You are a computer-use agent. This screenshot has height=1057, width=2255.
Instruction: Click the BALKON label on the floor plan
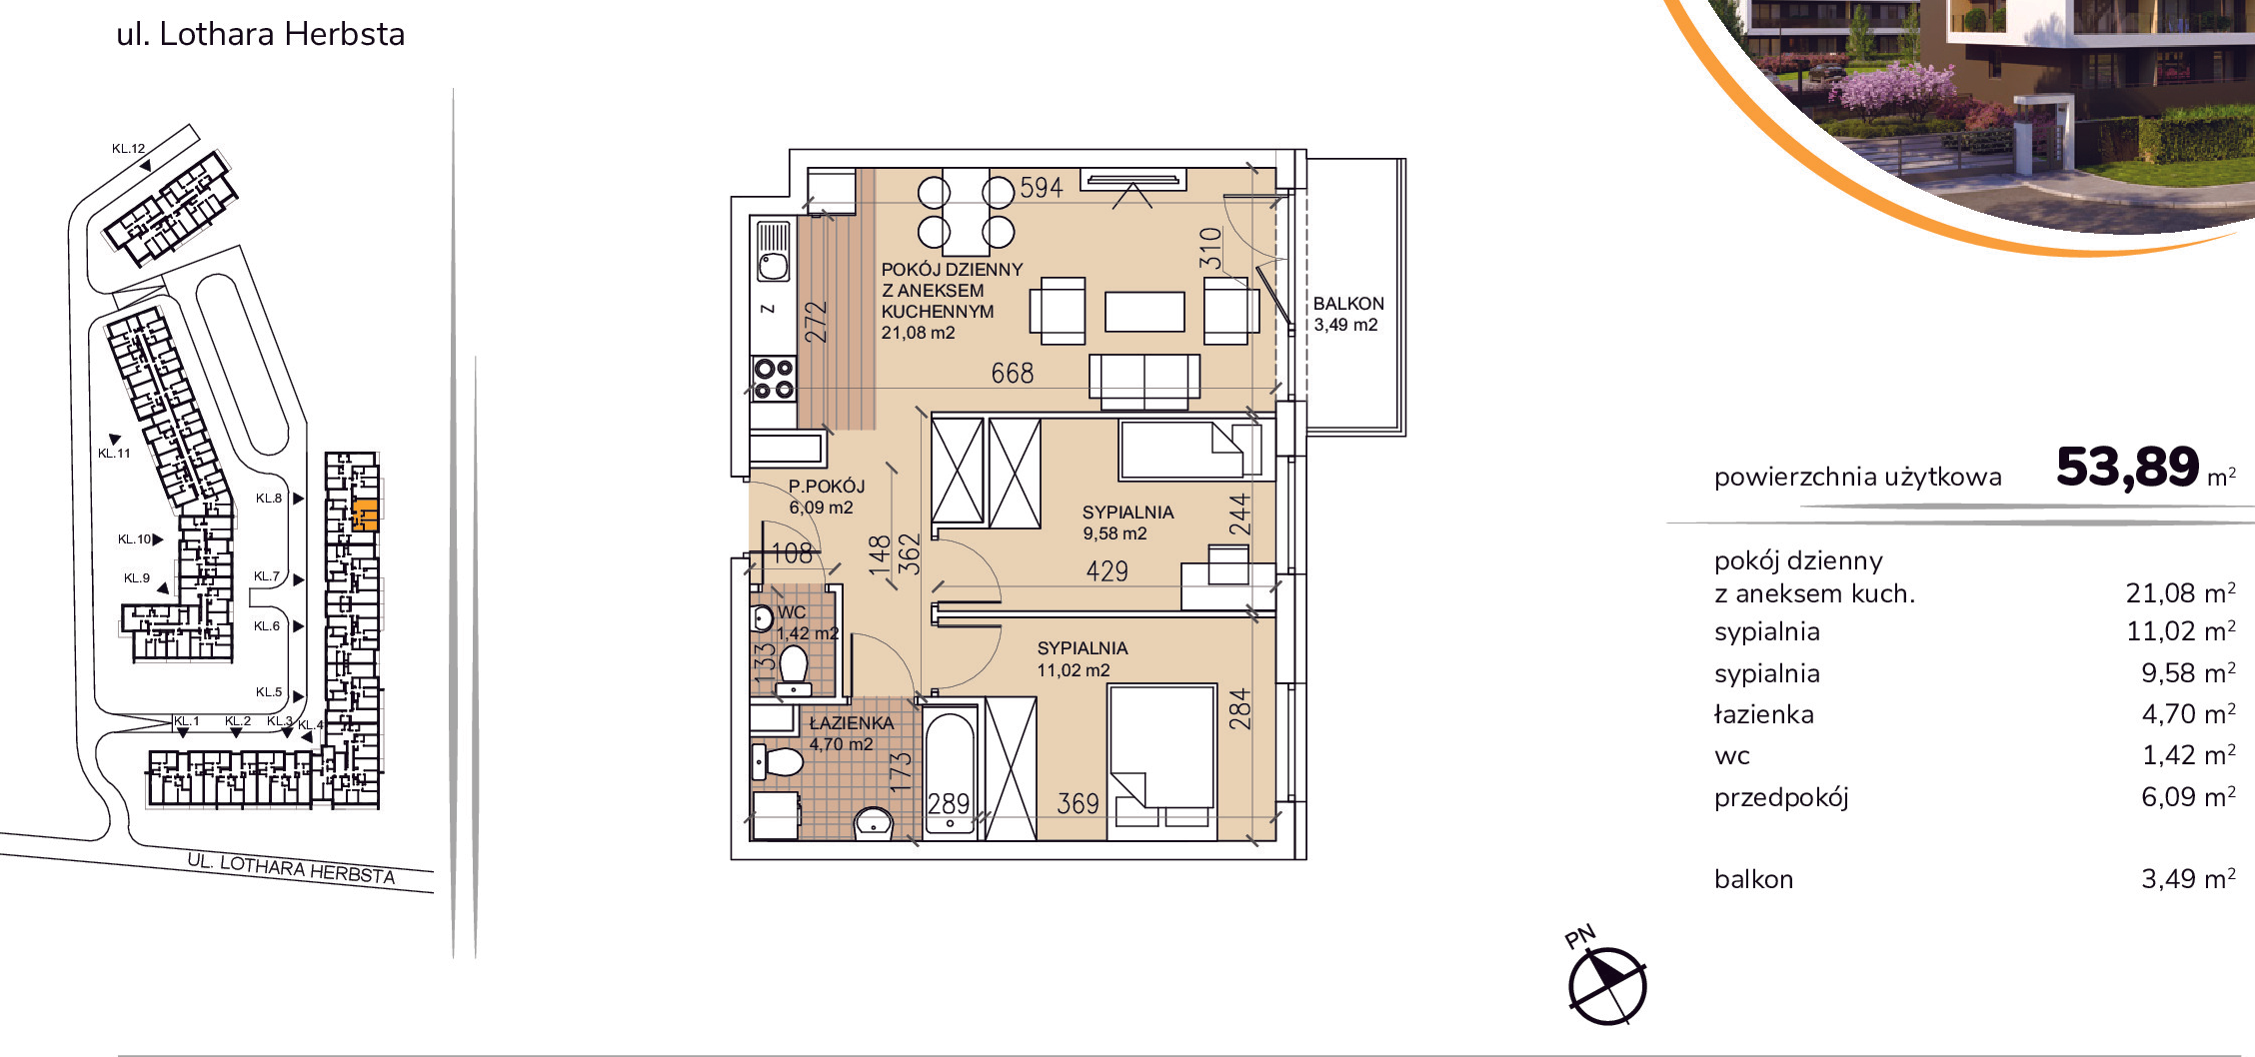tap(1348, 303)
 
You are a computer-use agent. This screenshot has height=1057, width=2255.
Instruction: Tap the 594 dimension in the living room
tap(1041, 188)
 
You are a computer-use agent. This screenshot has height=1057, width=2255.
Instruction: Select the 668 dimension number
tap(1013, 374)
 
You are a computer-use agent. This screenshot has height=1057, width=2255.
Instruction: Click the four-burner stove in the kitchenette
tap(774, 379)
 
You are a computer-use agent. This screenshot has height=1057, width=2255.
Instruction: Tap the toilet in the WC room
tap(794, 669)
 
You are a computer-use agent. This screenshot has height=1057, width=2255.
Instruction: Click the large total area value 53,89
tap(2128, 467)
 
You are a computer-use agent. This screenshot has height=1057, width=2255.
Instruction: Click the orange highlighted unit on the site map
tap(366, 515)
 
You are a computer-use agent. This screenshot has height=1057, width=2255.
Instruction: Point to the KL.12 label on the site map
tap(128, 149)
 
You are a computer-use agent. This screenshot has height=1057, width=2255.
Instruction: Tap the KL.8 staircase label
tap(269, 498)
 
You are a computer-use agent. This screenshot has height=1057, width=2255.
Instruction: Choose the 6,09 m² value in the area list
tap(2187, 796)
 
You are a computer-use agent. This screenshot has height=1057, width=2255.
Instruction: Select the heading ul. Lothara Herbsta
tap(261, 34)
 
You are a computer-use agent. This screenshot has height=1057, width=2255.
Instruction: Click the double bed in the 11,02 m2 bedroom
tap(1161, 755)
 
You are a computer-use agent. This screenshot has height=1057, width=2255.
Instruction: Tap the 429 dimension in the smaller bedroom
tap(1108, 571)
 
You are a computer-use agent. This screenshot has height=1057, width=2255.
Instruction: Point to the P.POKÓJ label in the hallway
tap(827, 487)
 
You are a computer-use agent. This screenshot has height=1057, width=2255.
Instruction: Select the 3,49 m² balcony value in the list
tap(2187, 878)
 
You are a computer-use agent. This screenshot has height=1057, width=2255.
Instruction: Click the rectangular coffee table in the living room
tap(1144, 311)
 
